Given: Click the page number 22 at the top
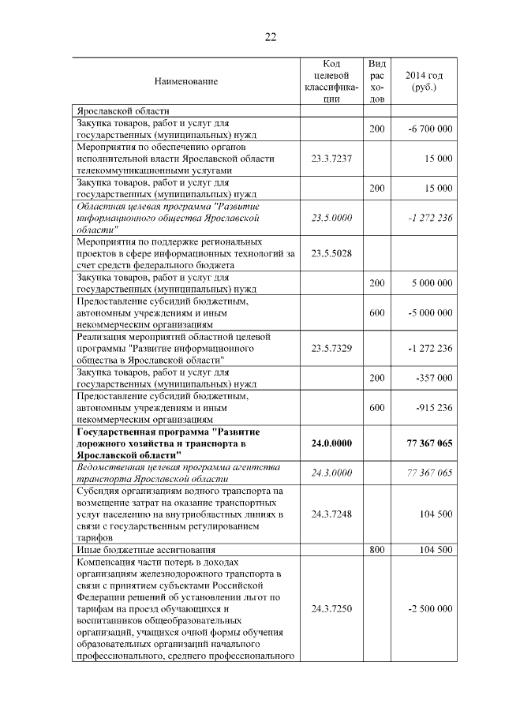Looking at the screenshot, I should tap(270, 37).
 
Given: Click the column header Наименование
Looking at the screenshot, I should tap(185, 80).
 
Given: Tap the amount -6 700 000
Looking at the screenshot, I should tap(430, 129).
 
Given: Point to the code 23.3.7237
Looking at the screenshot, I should tap(331, 159).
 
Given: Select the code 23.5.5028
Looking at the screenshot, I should tap(331, 253).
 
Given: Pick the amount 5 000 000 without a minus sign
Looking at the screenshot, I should tap(432, 282).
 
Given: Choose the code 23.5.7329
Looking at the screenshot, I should tap(331, 347).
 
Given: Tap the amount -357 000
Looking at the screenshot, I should tap(434, 377).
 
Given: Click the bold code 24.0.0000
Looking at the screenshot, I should tap(331, 443).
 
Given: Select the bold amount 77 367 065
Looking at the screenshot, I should tap(429, 443).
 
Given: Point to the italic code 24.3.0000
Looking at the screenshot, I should tap(331, 473).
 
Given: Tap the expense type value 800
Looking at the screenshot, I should tap(376, 550).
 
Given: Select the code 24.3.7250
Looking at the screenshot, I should tap(331, 609).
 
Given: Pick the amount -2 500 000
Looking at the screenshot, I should tap(430, 609).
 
